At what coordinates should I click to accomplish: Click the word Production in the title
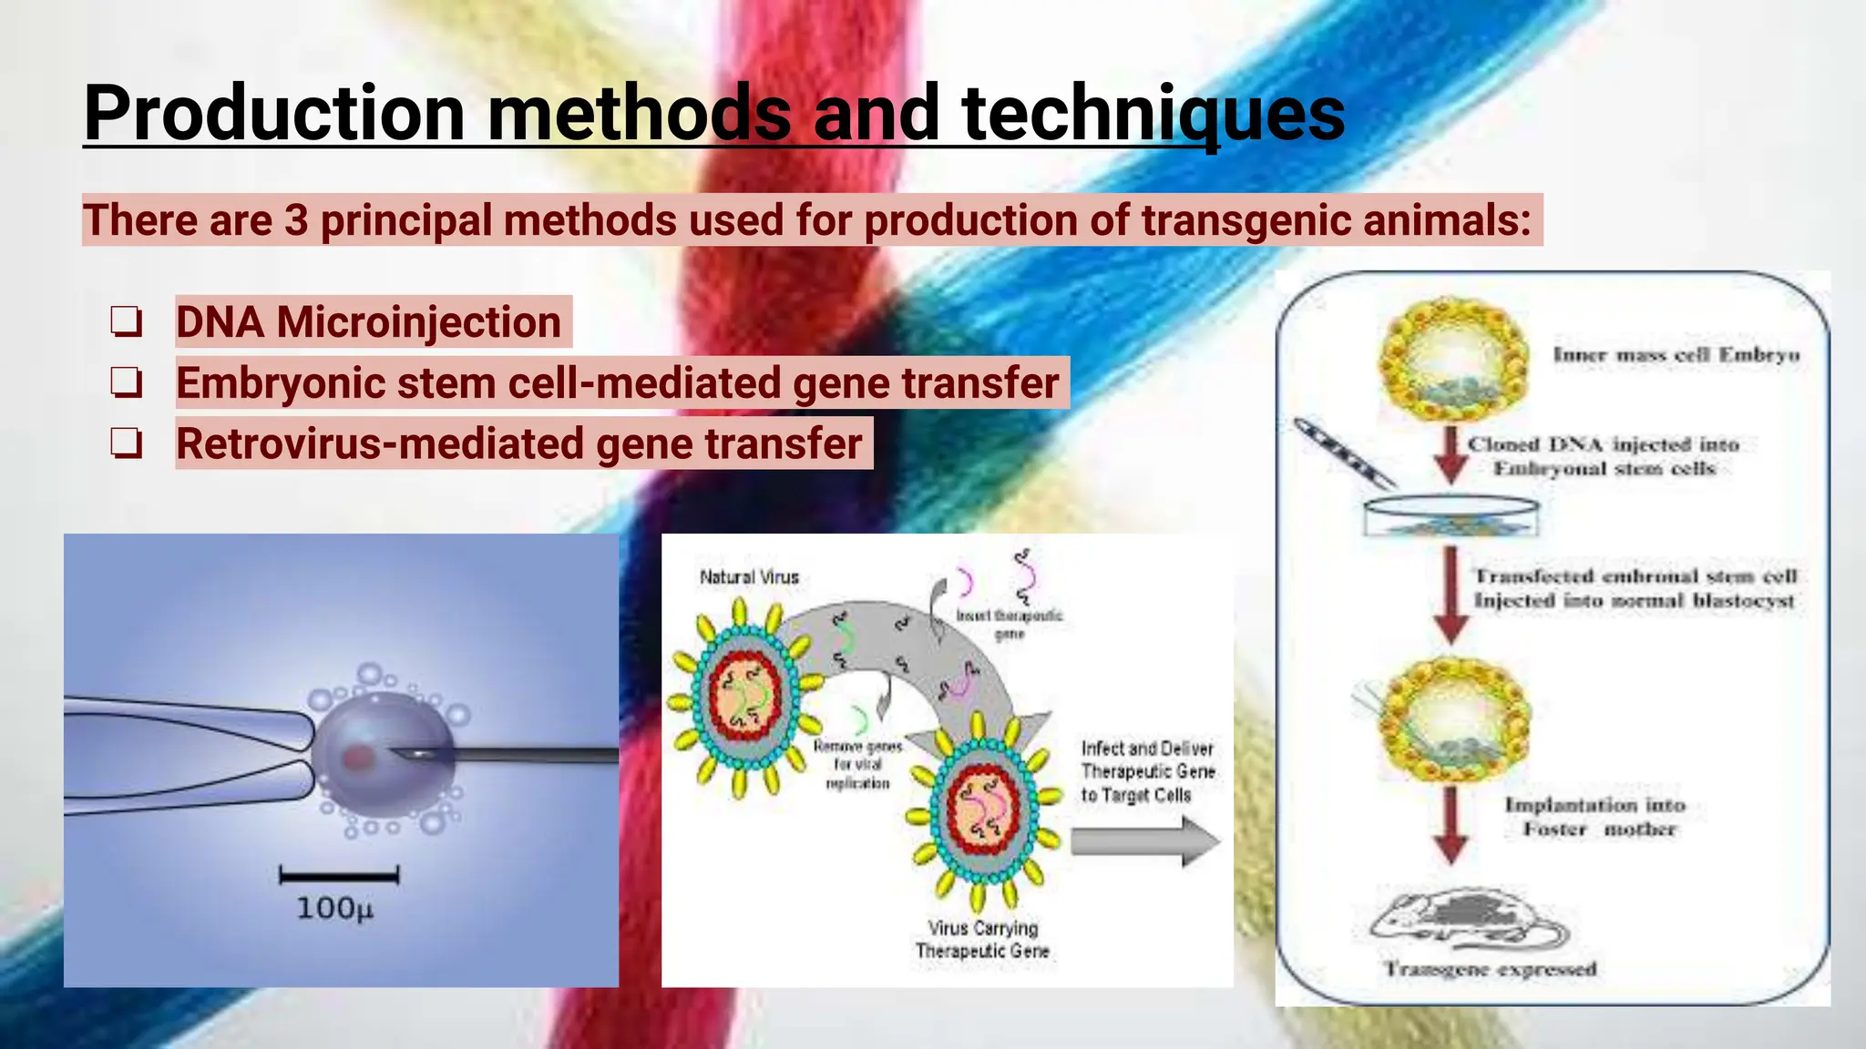[273, 114]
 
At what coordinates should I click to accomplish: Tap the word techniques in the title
[1153, 114]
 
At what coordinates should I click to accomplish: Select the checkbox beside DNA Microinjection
[127, 322]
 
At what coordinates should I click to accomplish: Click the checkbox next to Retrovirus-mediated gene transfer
[127, 444]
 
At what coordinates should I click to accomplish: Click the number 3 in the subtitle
[296, 220]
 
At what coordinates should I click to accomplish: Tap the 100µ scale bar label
[334, 909]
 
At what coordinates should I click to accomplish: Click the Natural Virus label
[749, 577]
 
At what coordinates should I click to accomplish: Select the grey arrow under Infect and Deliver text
[1144, 840]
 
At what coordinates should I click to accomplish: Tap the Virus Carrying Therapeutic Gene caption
[982, 940]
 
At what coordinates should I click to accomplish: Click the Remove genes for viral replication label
[857, 765]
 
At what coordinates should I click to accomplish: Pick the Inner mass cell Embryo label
[1676, 355]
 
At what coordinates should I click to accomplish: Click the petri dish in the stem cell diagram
[1451, 515]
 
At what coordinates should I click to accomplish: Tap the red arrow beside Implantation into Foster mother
[1451, 824]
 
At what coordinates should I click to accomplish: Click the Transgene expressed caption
[1491, 969]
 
